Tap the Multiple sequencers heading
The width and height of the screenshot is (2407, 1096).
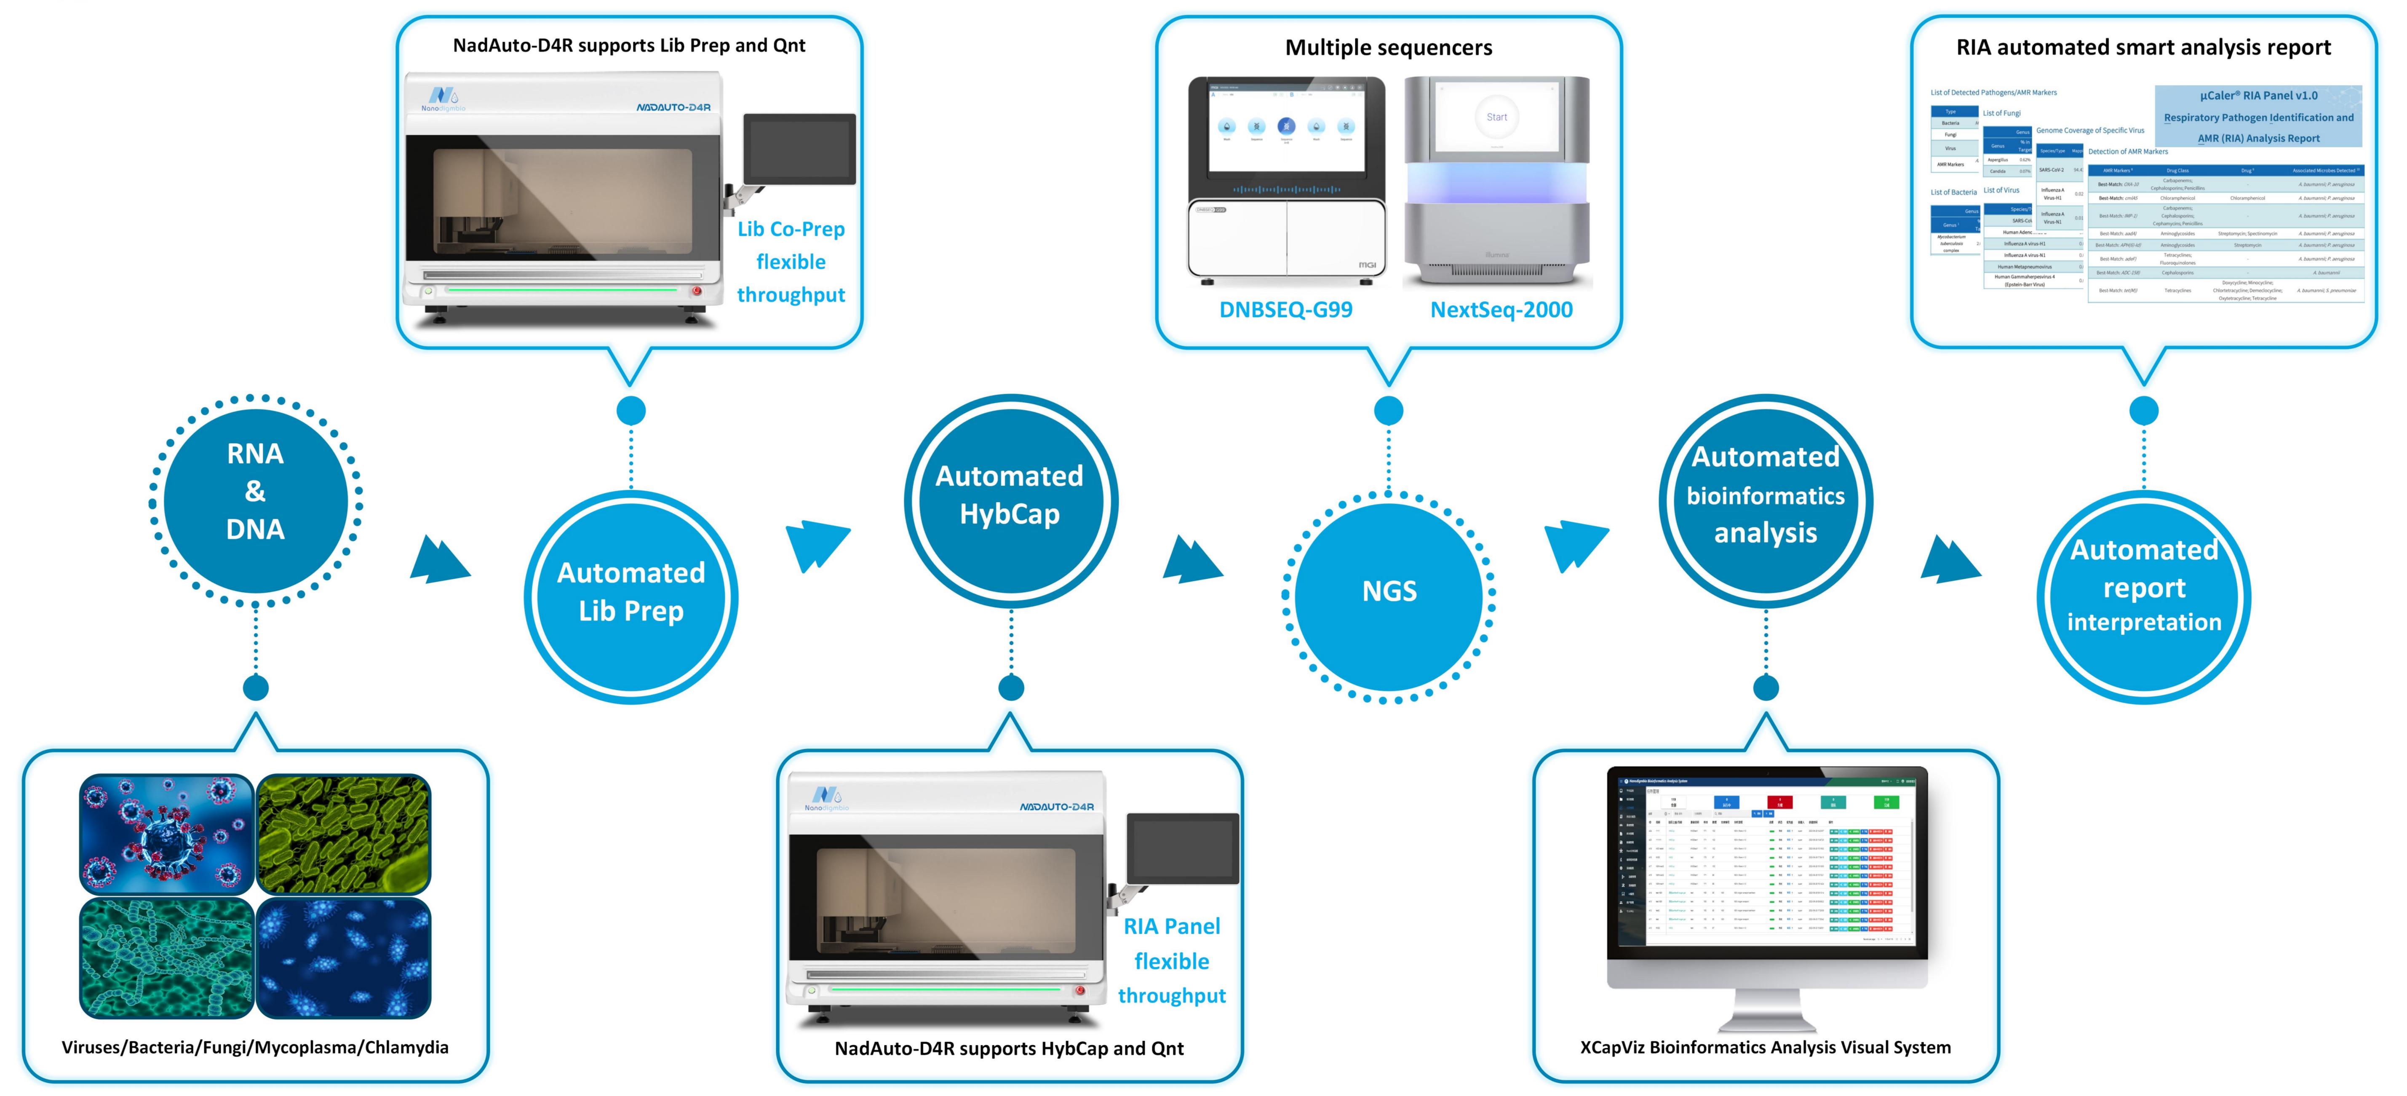[x=1389, y=48]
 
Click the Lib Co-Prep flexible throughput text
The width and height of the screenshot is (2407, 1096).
[x=791, y=262]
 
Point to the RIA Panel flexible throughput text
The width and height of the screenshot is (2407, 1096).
[x=1172, y=960]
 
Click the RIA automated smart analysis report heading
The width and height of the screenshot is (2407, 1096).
[x=2143, y=48]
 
